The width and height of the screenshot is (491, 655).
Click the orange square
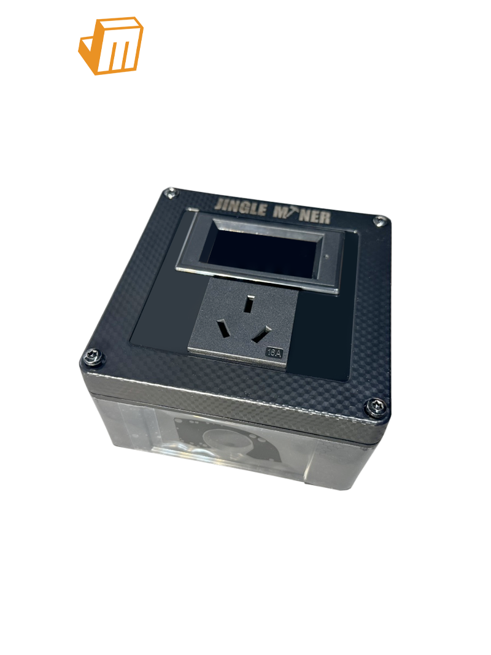click(111, 46)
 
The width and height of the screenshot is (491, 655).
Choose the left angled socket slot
click(222, 332)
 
